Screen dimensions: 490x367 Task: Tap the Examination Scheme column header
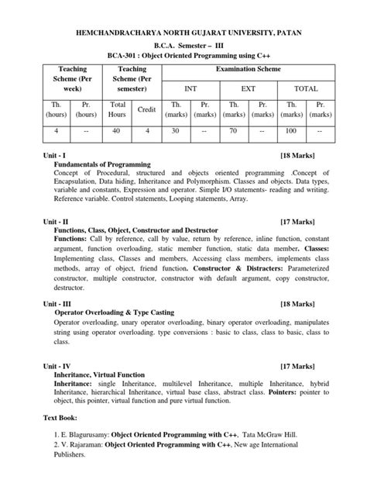point(248,71)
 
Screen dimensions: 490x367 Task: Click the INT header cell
point(190,89)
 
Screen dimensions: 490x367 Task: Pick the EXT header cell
point(248,89)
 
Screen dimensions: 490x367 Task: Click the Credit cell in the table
point(147,110)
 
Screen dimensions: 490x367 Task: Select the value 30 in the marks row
point(176,132)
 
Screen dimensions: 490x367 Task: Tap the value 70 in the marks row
point(234,132)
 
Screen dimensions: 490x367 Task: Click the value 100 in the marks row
point(292,132)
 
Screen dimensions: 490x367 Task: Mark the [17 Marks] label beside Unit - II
point(297,221)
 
